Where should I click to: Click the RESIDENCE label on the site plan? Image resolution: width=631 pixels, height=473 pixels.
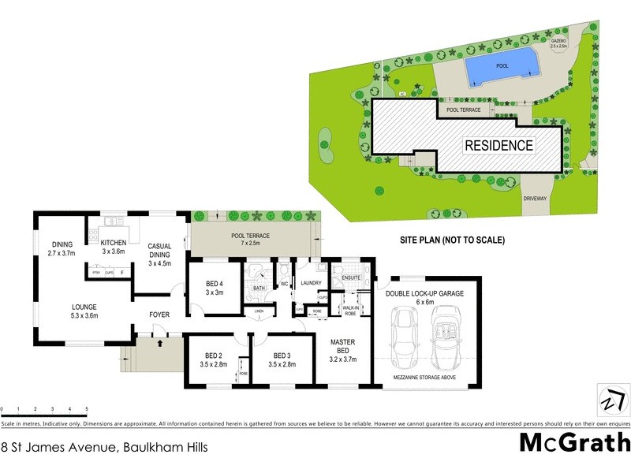498,146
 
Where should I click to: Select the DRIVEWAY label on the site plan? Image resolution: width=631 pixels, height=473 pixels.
534,199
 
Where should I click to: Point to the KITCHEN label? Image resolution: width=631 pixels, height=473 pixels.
114,247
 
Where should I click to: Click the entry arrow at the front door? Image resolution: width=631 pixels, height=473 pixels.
160,343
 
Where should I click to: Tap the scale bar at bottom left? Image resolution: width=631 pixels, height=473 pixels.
43,411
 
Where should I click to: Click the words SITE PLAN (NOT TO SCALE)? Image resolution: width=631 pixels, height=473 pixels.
450,240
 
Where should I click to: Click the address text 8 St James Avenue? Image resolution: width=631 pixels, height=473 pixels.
105,448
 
